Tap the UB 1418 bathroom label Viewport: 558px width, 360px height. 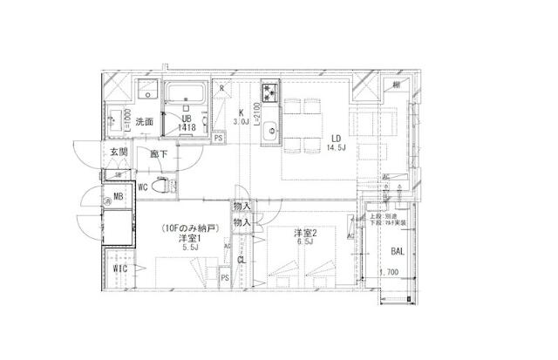tap(186, 123)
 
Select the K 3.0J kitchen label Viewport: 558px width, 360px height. tap(244, 118)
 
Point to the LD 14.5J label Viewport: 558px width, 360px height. tap(337, 142)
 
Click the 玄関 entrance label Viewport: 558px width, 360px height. tap(119, 153)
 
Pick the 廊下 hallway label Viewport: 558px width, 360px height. tap(159, 154)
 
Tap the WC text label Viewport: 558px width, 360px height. tap(143, 187)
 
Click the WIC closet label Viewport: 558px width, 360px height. tap(119, 269)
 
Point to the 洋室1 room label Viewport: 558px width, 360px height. tap(190, 239)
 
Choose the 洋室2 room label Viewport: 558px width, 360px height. tap(304, 234)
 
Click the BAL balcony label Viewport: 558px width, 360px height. tap(398, 252)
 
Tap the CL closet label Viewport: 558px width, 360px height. tap(241, 259)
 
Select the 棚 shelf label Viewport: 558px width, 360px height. tap(398, 85)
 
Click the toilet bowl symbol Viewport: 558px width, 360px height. tap(161, 186)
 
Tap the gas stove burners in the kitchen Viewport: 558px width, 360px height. tap(269, 90)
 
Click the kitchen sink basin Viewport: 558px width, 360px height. tap(270, 125)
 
